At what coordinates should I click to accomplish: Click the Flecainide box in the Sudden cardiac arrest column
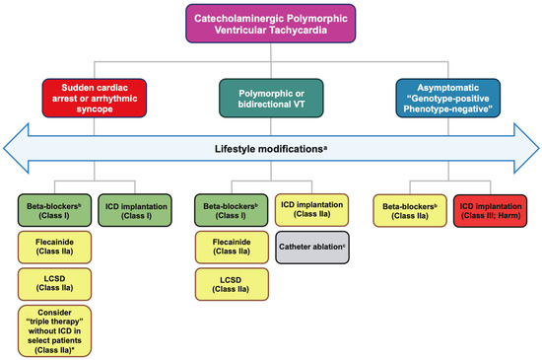[51, 249]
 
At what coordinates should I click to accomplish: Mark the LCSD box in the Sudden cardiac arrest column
[51, 287]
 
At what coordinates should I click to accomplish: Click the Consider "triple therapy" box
[51, 332]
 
